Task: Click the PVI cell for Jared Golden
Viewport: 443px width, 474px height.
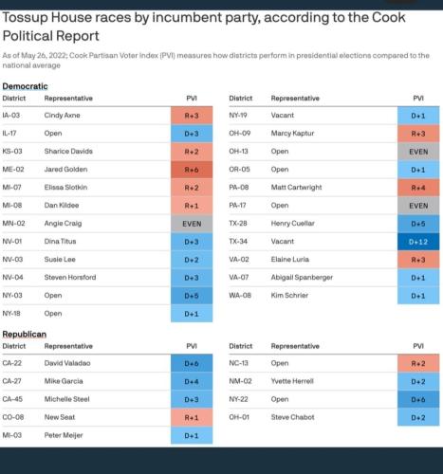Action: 192,170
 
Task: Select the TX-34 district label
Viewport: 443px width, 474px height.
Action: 238,242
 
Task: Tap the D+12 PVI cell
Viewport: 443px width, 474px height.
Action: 418,242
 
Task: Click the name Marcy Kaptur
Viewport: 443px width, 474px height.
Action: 292,134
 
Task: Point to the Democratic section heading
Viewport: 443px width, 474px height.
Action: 25,86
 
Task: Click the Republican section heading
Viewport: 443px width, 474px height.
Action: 25,335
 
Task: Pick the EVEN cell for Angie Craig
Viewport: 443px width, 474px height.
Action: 192,224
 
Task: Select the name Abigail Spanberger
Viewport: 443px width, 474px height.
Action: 302,278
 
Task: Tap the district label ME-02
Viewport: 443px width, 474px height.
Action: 13,170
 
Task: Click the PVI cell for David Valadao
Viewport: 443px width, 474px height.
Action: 192,363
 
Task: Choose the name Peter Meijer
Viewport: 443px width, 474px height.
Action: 64,435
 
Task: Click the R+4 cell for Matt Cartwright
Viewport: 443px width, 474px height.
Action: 418,188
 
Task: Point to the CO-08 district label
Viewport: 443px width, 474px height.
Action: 13,417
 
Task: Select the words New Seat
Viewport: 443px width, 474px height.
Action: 60,417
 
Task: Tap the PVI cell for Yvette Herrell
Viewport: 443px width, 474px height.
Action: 418,381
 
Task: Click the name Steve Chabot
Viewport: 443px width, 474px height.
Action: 292,417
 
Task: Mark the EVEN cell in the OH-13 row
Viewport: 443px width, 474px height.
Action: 418,152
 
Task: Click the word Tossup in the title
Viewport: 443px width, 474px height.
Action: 25,18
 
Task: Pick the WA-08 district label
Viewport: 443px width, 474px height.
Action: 240,296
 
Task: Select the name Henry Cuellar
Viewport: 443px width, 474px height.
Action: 292,224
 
